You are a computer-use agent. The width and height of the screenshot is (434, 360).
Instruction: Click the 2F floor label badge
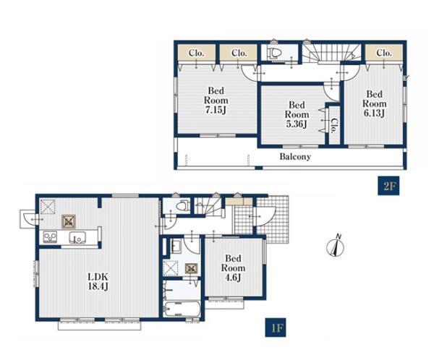pos(388,186)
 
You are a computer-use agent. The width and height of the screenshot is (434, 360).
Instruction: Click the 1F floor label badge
pos(276,327)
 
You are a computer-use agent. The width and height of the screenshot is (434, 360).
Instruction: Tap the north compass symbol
pos(336,246)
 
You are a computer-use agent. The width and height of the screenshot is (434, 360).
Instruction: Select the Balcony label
pos(295,157)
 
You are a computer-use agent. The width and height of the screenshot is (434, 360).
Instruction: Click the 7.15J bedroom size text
pos(216,110)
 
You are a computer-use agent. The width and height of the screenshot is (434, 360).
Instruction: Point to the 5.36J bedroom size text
pos(297,124)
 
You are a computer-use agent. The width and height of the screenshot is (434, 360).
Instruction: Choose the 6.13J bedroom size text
pos(374,113)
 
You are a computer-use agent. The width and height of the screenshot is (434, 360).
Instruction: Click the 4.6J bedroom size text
pos(233,278)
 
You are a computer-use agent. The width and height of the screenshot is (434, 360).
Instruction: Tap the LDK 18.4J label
pos(98,281)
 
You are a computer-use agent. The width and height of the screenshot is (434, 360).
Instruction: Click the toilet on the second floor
pos(273,53)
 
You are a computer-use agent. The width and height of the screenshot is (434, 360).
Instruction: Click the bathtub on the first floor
pos(182,309)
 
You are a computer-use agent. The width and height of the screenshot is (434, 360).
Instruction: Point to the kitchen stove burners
pos(51,237)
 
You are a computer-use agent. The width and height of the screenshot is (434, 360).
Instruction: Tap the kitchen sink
pos(77,237)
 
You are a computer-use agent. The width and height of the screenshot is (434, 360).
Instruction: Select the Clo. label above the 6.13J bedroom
pos(384,53)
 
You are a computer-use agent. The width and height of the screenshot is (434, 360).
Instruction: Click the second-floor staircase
pos(331,52)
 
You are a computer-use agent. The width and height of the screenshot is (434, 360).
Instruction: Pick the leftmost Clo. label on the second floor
pos(196,53)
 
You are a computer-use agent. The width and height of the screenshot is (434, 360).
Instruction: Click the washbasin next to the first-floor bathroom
pos(175,246)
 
